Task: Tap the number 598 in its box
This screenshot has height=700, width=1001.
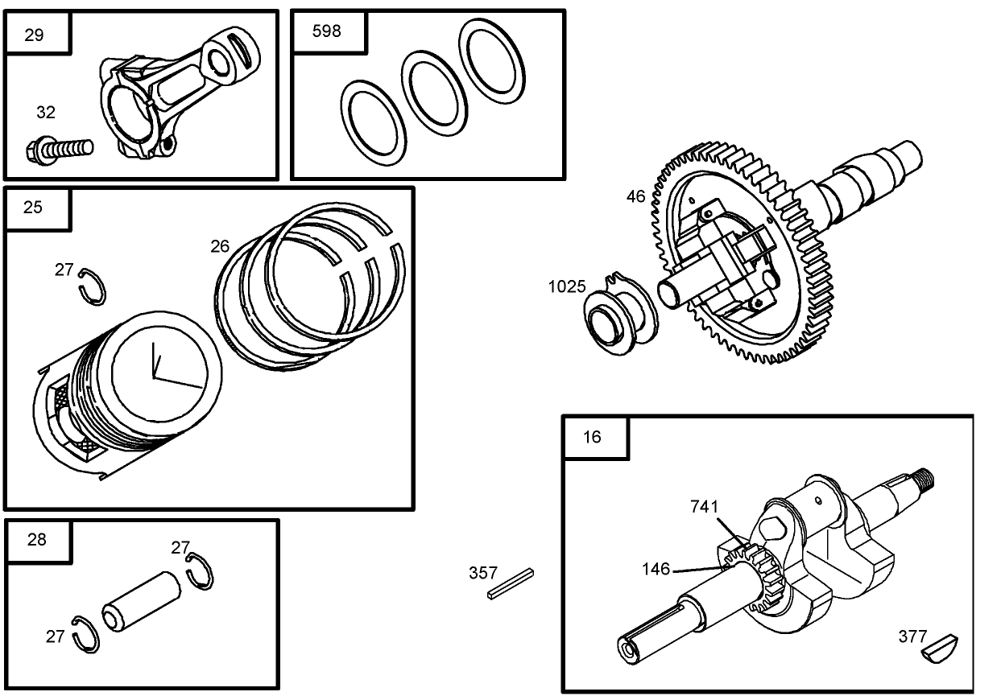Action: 327,31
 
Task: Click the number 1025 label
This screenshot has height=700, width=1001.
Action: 567,287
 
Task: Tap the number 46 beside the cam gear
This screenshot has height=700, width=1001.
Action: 636,196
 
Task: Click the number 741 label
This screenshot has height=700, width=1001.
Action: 704,506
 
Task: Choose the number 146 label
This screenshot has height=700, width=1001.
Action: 656,569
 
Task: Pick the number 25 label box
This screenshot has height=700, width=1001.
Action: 35,208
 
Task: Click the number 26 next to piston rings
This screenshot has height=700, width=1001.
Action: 220,246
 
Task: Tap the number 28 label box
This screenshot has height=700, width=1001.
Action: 37,539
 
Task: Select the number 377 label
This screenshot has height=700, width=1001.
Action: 912,636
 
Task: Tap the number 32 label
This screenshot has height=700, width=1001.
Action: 47,113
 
